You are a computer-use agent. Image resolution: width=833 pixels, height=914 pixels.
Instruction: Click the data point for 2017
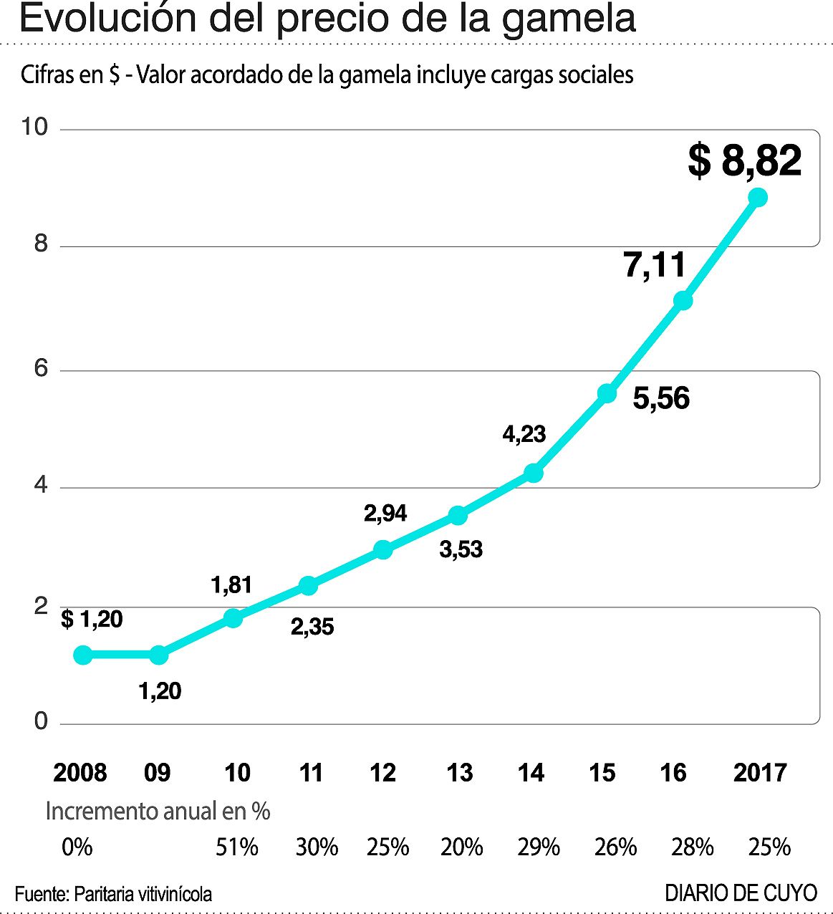click(x=757, y=197)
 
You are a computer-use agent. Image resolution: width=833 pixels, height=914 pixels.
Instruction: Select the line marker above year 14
click(x=533, y=473)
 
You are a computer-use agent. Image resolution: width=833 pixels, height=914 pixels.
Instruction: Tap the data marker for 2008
click(x=83, y=654)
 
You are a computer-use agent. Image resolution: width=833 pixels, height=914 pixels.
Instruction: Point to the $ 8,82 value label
click(x=744, y=160)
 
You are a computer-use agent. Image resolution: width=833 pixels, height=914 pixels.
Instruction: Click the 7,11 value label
click(x=655, y=265)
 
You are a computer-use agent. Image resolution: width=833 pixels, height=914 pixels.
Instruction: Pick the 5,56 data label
click(x=661, y=398)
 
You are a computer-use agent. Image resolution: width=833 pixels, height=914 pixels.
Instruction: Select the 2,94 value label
click(x=385, y=513)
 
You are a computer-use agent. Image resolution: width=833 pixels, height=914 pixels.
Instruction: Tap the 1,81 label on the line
click(x=231, y=585)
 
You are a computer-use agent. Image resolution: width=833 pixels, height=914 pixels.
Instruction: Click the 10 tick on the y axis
click(x=34, y=127)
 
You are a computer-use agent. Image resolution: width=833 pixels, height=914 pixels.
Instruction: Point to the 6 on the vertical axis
click(x=41, y=368)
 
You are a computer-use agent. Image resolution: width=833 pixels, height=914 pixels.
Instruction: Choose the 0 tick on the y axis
click(x=41, y=721)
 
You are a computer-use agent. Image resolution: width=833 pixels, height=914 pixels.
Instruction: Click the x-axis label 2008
click(x=80, y=772)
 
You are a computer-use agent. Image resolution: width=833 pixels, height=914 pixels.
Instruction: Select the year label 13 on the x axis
click(x=459, y=772)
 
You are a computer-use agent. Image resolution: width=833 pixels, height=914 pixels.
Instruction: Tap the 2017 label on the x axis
click(x=759, y=772)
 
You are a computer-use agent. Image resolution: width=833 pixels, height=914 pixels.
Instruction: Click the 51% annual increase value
click(x=236, y=847)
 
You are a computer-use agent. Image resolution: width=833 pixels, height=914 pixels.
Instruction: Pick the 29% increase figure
click(x=538, y=847)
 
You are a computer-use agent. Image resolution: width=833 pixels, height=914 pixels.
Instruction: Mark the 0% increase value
click(x=77, y=847)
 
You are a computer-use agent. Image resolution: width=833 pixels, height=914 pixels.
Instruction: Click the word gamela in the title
click(x=568, y=19)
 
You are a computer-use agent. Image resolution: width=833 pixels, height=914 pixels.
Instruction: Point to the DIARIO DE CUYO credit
click(x=741, y=893)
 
